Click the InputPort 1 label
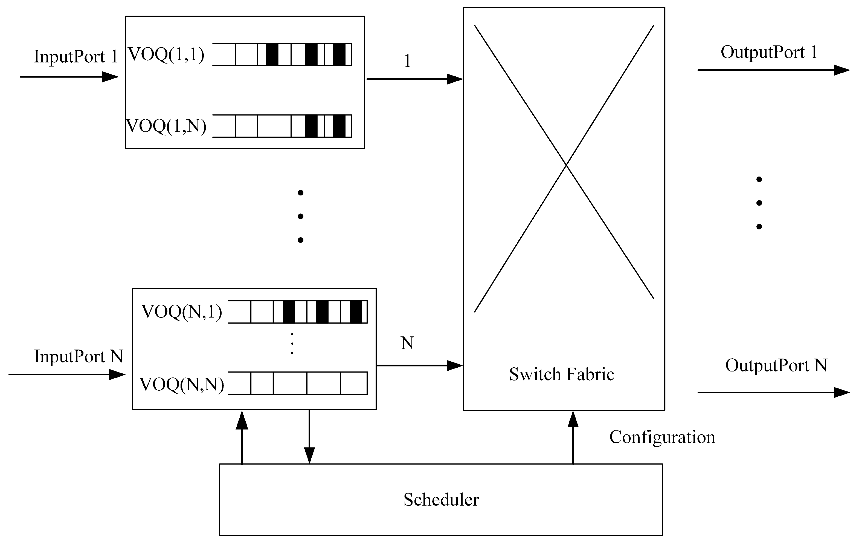(76, 56)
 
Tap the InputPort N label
(79, 356)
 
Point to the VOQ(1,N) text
(166, 126)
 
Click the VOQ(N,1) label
(182, 312)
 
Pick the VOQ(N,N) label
(182, 385)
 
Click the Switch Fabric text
(561, 374)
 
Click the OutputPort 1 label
(769, 52)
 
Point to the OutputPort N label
(776, 365)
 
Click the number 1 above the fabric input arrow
(407, 61)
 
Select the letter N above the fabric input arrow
(407, 343)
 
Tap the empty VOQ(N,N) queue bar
(298, 383)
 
